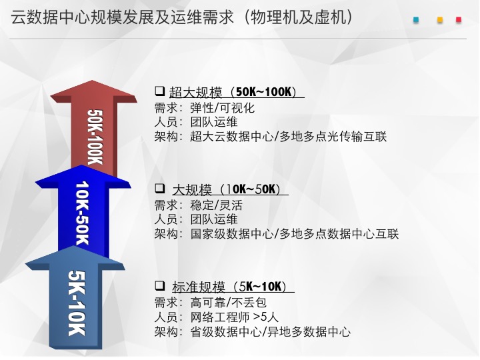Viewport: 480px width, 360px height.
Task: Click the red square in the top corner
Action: click(459, 20)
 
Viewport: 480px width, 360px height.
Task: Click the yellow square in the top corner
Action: click(440, 20)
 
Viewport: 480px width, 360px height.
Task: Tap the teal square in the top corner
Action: click(416, 20)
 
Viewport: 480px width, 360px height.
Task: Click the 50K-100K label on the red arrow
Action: click(95, 137)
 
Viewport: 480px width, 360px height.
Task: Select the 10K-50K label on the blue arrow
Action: click(82, 213)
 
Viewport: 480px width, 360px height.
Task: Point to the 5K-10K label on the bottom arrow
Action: click(76, 303)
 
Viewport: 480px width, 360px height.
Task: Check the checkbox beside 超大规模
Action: click(159, 91)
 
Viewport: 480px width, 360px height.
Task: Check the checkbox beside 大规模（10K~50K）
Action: click(159, 188)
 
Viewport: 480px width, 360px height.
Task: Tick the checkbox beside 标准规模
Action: click(159, 285)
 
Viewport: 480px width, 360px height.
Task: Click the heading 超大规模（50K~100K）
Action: click(233, 92)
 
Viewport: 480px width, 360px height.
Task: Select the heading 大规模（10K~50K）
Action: click(227, 189)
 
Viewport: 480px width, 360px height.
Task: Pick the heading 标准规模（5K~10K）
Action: click(229, 287)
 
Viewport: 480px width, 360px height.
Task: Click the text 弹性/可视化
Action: click(222, 108)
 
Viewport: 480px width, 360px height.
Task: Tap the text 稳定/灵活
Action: click(216, 205)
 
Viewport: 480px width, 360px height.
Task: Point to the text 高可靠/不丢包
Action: click(228, 303)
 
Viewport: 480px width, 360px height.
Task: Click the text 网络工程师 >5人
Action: click(234, 317)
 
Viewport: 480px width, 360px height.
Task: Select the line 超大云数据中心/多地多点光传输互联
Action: click(289, 137)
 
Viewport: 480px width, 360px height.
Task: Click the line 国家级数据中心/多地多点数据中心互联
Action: click(295, 234)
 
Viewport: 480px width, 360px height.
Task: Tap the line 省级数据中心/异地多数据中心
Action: click(270, 331)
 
